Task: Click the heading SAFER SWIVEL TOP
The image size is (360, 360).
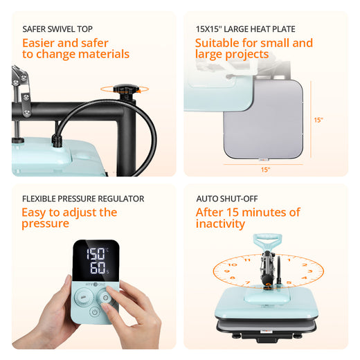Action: [57, 29]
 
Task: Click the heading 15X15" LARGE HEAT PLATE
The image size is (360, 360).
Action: [246, 29]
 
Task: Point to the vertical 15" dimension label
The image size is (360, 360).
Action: [318, 120]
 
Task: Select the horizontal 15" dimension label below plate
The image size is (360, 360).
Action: [265, 170]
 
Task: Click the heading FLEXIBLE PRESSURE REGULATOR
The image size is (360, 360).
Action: [83, 199]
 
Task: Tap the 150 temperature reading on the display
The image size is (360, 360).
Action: [96, 254]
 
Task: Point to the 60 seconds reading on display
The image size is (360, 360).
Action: [98, 268]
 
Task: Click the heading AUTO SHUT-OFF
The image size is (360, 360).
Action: [227, 199]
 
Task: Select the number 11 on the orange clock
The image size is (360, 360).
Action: [247, 260]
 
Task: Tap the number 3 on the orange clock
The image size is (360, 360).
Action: [310, 271]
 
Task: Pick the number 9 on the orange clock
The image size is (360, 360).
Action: [227, 271]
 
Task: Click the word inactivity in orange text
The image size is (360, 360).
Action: [220, 224]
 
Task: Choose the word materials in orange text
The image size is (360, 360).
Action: [104, 54]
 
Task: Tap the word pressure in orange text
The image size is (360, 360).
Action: [45, 224]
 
